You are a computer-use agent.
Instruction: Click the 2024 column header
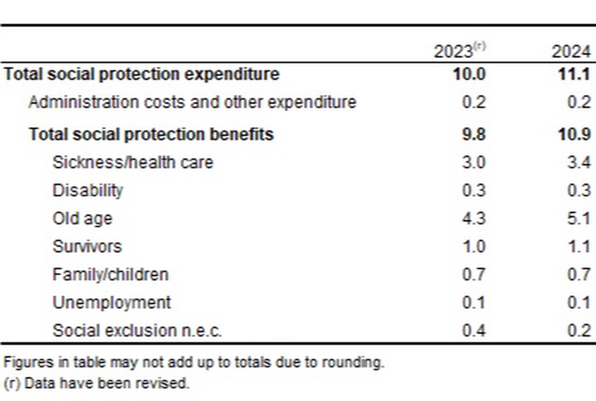pos(571,51)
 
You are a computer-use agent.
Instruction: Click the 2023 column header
pos(454,51)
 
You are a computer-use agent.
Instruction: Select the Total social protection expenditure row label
pos(142,75)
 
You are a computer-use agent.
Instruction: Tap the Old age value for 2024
pos(579,218)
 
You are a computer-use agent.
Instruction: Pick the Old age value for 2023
pos(474,218)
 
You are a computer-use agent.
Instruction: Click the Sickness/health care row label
pos(133,163)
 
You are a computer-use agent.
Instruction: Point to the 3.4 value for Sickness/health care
pos(579,163)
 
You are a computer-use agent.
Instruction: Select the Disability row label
pos(88,190)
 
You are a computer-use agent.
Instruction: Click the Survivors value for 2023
pos(474,246)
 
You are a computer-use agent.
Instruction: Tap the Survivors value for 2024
pos(580,246)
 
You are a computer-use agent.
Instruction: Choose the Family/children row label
pos(110,274)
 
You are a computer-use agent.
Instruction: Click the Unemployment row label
pos(112,302)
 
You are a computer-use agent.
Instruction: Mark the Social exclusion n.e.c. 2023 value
pos(474,330)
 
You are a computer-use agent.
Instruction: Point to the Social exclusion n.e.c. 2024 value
pos(579,330)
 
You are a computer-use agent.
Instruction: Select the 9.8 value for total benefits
pos(474,135)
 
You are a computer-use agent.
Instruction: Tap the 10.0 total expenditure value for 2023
pos(469,75)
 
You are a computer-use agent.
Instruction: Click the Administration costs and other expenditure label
pos(192,102)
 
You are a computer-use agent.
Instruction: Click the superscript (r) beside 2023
pos(480,46)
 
